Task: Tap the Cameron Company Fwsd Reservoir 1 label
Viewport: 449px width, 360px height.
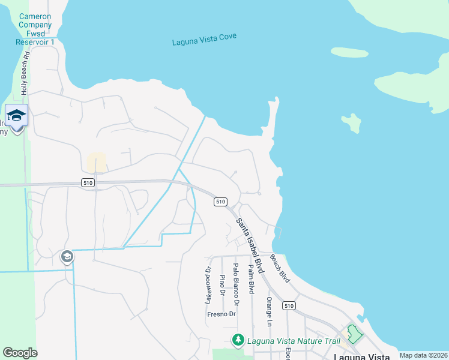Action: [x=35, y=29]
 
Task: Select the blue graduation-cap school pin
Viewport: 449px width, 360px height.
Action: [x=16, y=115]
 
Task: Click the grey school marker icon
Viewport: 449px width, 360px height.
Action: [x=67, y=257]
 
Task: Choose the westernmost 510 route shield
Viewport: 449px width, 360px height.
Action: [x=88, y=183]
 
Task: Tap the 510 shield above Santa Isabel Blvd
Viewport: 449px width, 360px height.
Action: [x=220, y=202]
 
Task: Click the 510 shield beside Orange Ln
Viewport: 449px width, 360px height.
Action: [x=289, y=306]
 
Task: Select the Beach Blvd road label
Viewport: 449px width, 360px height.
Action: [x=280, y=268]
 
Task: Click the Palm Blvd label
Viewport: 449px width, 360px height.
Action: [x=252, y=279]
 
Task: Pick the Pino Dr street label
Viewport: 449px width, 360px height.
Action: [x=222, y=285]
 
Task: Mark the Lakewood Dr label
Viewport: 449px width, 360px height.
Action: [x=208, y=285]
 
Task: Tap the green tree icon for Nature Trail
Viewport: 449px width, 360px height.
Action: [x=238, y=341]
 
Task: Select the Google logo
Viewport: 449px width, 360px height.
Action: [x=20, y=353]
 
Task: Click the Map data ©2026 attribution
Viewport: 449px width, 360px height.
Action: [x=423, y=355]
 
